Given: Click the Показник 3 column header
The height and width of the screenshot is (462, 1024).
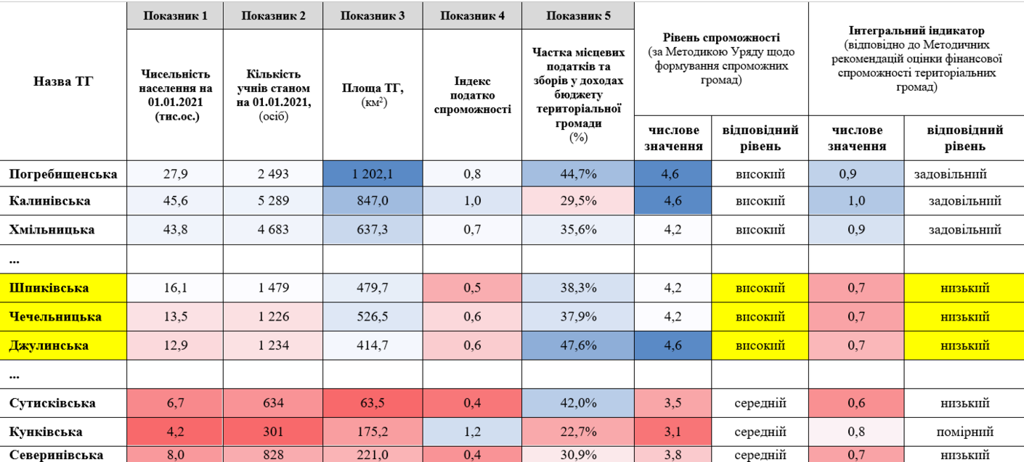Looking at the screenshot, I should [x=373, y=16].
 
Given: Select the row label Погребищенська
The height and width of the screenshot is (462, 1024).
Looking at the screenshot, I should [x=63, y=174].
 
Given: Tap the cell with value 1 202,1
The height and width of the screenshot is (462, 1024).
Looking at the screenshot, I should [x=373, y=174].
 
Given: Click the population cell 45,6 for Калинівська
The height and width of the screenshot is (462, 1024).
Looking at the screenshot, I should [x=174, y=201].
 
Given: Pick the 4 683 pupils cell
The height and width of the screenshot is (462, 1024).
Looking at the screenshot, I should [x=272, y=230].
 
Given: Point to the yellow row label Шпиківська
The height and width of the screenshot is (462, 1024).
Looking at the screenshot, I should [x=49, y=288].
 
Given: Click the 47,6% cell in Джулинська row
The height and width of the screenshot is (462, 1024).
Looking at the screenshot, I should [x=578, y=345].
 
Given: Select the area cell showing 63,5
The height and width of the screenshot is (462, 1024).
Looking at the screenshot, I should [x=373, y=403].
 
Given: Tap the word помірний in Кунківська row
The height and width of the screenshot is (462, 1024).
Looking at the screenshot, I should [x=965, y=432].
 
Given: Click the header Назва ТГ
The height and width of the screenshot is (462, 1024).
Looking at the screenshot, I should [x=63, y=81].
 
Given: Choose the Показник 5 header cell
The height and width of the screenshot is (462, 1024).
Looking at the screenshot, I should [x=578, y=16].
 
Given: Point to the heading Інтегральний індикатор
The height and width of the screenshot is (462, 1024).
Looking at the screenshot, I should [x=916, y=31].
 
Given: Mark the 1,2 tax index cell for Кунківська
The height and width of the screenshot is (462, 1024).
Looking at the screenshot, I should [x=472, y=432].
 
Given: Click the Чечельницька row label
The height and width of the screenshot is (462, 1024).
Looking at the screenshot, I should [x=56, y=317].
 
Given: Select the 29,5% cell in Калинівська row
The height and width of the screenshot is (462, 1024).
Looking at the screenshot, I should [x=578, y=201].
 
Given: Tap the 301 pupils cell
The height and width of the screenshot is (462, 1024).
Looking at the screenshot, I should [x=272, y=432].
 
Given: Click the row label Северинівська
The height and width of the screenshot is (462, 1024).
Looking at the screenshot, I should [x=56, y=455].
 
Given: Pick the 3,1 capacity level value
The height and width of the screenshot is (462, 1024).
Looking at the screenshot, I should [x=672, y=432].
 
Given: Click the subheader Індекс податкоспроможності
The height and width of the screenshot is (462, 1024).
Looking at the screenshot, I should [x=472, y=95].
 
